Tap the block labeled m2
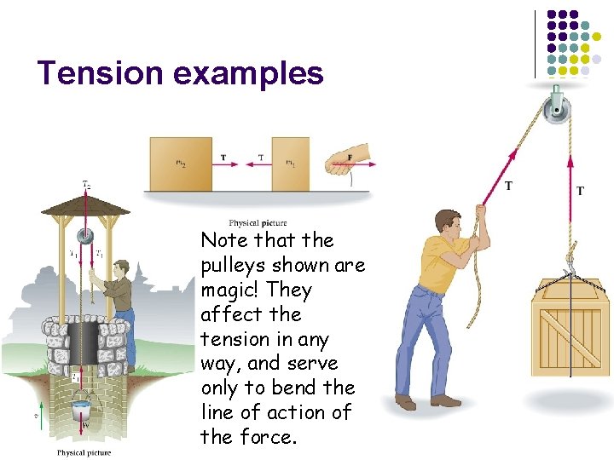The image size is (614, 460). click(x=180, y=164)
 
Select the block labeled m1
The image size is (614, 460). click(x=290, y=164)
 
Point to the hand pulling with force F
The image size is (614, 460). click(x=349, y=159)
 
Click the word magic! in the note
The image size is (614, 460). click(x=230, y=290)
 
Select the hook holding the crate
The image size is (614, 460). click(x=571, y=266)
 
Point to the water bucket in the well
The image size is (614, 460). click(x=82, y=410)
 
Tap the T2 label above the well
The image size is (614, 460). click(x=86, y=184)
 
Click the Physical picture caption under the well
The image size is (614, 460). click(x=84, y=452)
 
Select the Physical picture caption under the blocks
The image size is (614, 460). click(x=258, y=223)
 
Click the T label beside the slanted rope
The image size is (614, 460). click(x=508, y=186)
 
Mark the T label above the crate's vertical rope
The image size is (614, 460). click(x=580, y=191)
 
